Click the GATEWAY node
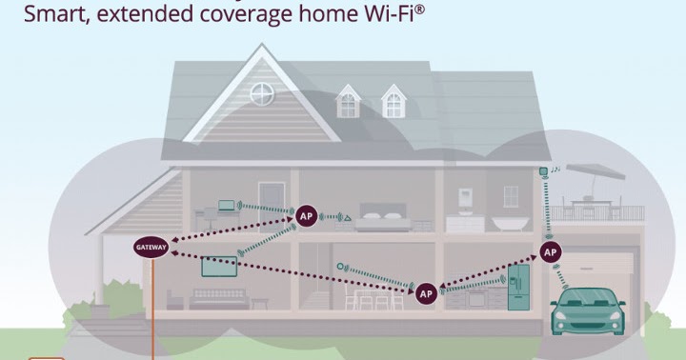151,247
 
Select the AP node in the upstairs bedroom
306,215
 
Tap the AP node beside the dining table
425,292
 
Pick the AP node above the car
550,251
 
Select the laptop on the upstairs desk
227,204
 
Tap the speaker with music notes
543,171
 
